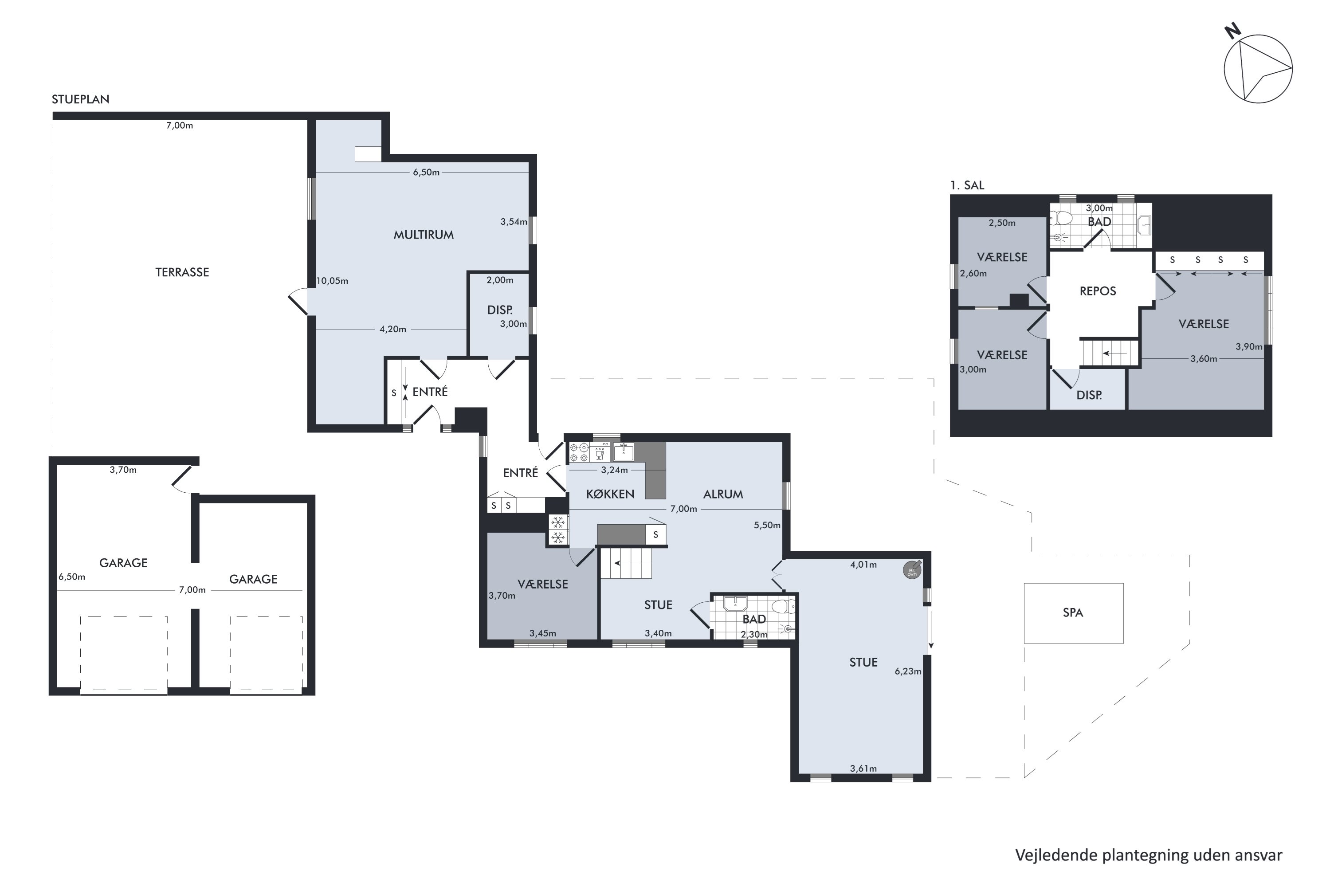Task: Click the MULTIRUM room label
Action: click(x=424, y=235)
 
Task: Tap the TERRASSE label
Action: click(x=182, y=272)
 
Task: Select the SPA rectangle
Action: click(x=1073, y=613)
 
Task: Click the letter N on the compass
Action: click(x=1233, y=31)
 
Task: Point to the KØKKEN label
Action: click(x=610, y=494)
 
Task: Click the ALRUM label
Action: click(x=723, y=494)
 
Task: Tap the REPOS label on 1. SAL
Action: click(x=1098, y=291)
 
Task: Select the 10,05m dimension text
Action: click(x=332, y=281)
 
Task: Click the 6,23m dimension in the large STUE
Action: click(x=907, y=671)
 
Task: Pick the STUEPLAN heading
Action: click(x=80, y=99)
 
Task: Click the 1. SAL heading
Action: click(x=967, y=185)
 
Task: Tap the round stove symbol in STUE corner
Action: click(x=912, y=569)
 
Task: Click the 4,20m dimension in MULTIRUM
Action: click(x=392, y=329)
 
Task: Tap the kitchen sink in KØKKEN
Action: click(x=624, y=452)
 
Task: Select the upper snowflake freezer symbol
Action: click(x=558, y=522)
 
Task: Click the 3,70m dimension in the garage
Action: click(x=123, y=470)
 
